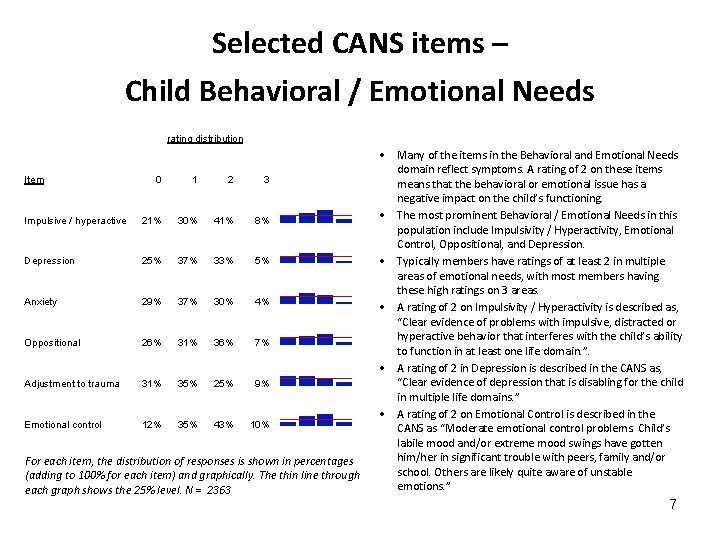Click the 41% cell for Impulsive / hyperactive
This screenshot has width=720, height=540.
[230, 221]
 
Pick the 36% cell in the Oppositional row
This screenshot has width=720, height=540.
[230, 343]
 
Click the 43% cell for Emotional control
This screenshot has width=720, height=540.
[230, 425]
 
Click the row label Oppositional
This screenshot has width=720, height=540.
[53, 343]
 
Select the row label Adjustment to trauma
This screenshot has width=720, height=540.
[72, 384]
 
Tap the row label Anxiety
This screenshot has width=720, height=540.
[41, 302]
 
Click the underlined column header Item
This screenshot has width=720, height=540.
[34, 180]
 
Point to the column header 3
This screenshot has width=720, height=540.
[266, 180]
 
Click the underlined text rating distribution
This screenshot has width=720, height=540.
[205, 139]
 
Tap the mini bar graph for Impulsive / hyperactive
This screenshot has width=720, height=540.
[314, 217]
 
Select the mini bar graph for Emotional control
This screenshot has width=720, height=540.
[314, 422]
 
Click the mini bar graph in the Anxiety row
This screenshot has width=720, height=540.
[314, 299]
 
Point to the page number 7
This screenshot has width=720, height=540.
[673, 505]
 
